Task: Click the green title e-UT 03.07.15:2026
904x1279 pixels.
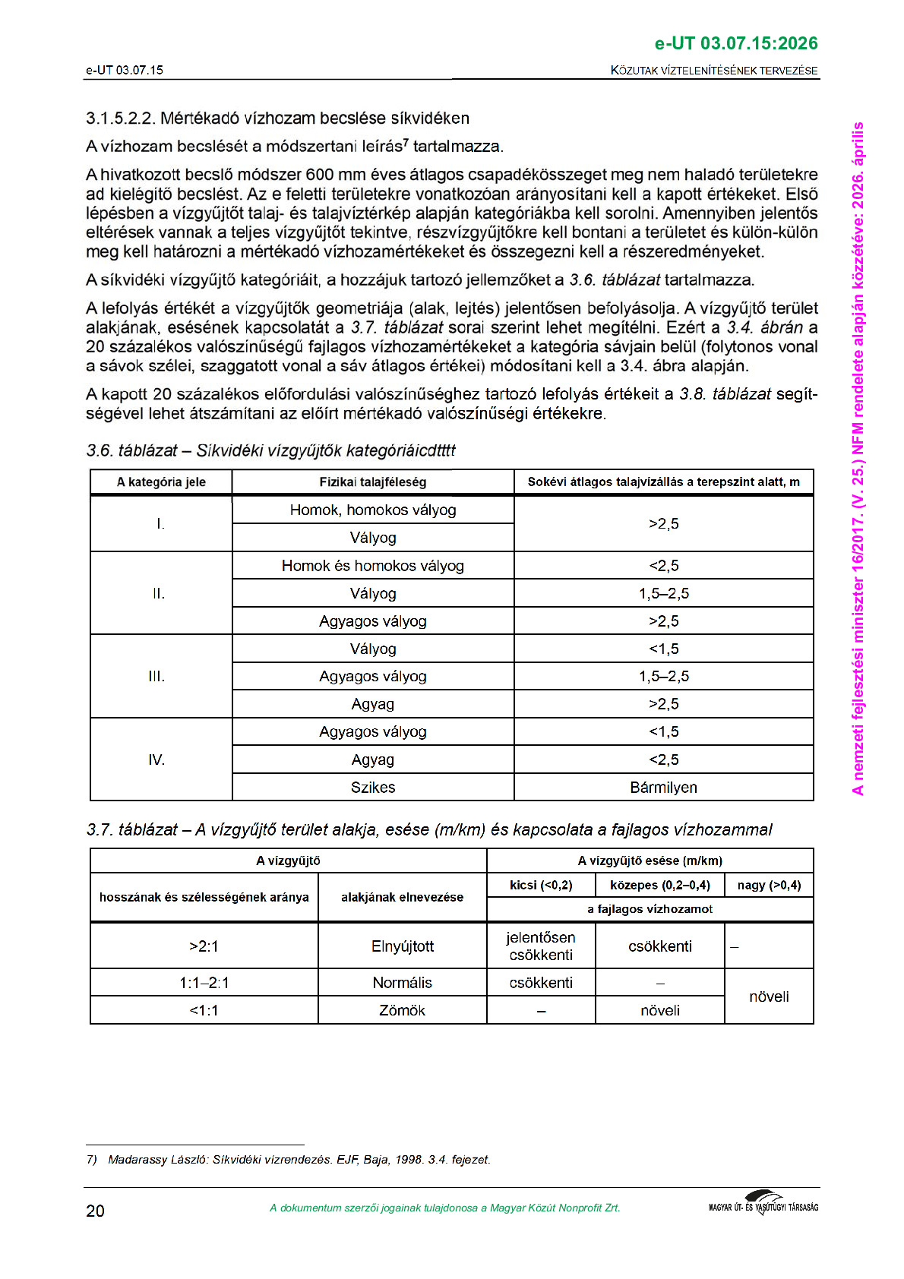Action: tap(735, 43)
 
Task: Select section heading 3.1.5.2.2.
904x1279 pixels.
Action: tap(277, 118)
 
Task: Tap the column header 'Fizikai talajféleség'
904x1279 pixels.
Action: tap(372, 482)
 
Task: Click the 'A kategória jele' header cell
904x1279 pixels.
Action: tap(161, 482)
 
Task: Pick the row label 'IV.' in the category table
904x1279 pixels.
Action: tap(156, 760)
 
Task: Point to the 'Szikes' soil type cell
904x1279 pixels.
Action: tap(372, 788)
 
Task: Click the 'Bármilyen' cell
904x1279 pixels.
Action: tap(663, 788)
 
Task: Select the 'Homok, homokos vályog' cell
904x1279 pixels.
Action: tap(372, 510)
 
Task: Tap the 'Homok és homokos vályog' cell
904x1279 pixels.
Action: tap(372, 566)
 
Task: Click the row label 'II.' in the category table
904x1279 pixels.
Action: tap(158, 594)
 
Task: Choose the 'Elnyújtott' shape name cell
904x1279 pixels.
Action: tap(402, 946)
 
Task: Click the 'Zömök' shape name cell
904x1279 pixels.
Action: tap(402, 1011)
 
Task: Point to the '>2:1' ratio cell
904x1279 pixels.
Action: tap(204, 946)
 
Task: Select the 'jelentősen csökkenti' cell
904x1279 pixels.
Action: tap(541, 946)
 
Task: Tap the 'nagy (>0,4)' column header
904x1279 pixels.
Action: tap(769, 885)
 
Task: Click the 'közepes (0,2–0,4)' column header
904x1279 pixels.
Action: tap(659, 885)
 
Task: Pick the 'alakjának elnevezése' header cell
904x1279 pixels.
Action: tap(402, 898)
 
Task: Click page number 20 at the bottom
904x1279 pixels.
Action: tap(95, 1211)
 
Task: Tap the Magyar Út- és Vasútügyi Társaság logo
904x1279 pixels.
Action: tap(763, 1204)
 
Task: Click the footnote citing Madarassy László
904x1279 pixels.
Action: tap(289, 1160)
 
